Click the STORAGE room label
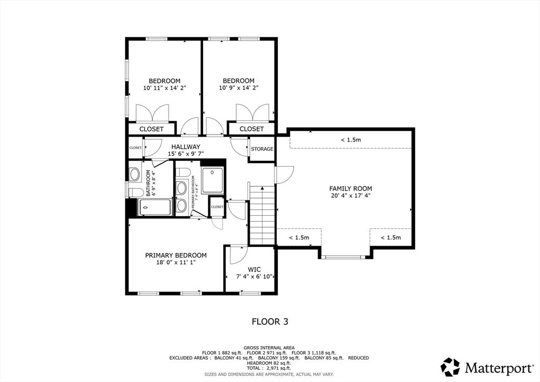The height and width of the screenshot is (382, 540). pos(262,149)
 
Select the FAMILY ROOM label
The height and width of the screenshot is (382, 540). pos(351,188)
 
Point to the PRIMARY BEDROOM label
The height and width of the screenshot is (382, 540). pos(176,255)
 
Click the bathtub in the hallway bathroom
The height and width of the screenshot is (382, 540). pos(155,207)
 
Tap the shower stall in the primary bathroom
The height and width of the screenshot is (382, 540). pos(213,180)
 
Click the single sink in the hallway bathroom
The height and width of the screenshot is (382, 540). pos(134,175)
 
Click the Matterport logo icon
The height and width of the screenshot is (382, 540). pos(450,366)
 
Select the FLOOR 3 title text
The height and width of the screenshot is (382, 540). pos(269,321)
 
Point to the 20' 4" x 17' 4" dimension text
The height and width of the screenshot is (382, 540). pos(351,195)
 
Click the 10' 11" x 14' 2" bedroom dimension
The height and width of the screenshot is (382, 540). pos(165,88)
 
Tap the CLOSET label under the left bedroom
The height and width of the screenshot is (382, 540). pos(151,129)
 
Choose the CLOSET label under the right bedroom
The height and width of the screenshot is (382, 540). pos(252,129)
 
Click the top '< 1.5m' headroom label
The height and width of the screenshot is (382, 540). pos(351,140)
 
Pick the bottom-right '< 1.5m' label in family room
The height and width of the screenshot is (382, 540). pos(391,237)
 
